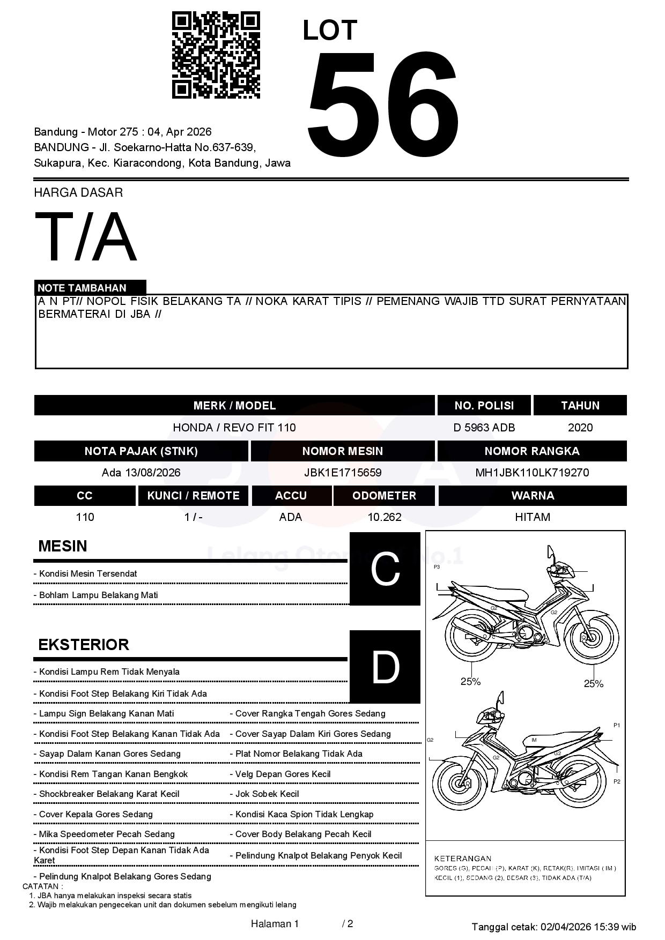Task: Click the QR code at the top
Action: (216, 55)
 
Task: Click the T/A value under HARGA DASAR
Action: (86, 237)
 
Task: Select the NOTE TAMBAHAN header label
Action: (82, 288)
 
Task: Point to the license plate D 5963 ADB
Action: (484, 428)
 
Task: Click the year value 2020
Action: (580, 428)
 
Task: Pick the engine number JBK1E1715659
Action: (342, 473)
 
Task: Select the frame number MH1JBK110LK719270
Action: (531, 473)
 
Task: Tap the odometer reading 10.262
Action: (384, 517)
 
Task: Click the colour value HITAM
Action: (532, 517)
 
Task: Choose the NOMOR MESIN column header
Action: (342, 451)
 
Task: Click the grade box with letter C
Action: (385, 569)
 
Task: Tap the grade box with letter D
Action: (385, 667)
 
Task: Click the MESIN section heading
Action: (63, 546)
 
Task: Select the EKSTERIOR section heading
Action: (84, 644)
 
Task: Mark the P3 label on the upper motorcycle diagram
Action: (437, 566)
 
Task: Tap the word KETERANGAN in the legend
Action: (462, 858)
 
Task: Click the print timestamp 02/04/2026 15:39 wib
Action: (588, 927)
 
